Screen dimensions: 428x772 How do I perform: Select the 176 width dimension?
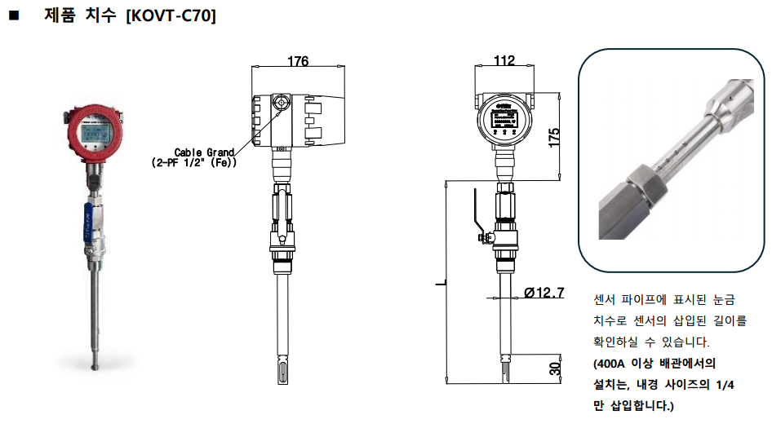(298, 61)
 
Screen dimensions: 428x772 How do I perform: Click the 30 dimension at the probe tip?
(555, 368)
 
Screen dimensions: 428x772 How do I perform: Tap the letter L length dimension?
(440, 284)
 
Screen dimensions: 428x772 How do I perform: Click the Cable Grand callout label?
(205, 152)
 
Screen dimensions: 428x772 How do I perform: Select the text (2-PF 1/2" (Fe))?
(195, 163)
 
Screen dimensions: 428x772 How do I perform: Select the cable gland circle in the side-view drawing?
(281, 103)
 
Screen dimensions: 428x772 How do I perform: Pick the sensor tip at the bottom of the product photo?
(92, 358)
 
